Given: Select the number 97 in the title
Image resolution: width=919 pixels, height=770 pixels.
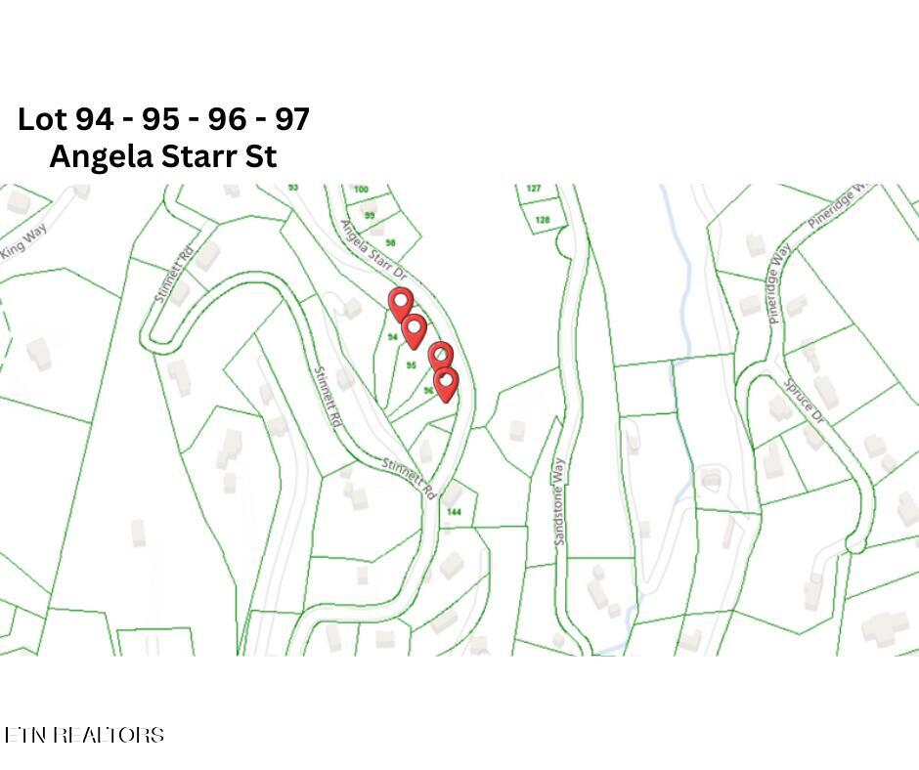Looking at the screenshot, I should tap(291, 119).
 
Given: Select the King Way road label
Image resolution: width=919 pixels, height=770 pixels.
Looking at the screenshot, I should tap(23, 242).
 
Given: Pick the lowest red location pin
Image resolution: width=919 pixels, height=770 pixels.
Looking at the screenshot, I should tap(446, 382).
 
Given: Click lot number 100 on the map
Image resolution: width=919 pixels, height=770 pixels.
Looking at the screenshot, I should tap(362, 190).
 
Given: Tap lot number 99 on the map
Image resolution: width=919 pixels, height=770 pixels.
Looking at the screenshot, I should tap(370, 216).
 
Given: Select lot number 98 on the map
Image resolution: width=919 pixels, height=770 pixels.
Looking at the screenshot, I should tap(390, 243).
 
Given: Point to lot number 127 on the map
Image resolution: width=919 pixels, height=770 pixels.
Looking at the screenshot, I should tap(534, 189).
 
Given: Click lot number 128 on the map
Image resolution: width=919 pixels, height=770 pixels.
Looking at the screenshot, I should tap(543, 220).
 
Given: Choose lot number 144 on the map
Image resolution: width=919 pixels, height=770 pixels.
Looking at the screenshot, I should tap(454, 512).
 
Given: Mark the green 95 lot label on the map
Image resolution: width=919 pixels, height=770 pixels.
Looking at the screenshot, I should tap(412, 365).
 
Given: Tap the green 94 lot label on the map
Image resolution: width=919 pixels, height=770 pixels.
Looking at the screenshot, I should tap(392, 337).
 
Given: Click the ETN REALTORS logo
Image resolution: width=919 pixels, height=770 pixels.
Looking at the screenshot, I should tap(84, 735).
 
